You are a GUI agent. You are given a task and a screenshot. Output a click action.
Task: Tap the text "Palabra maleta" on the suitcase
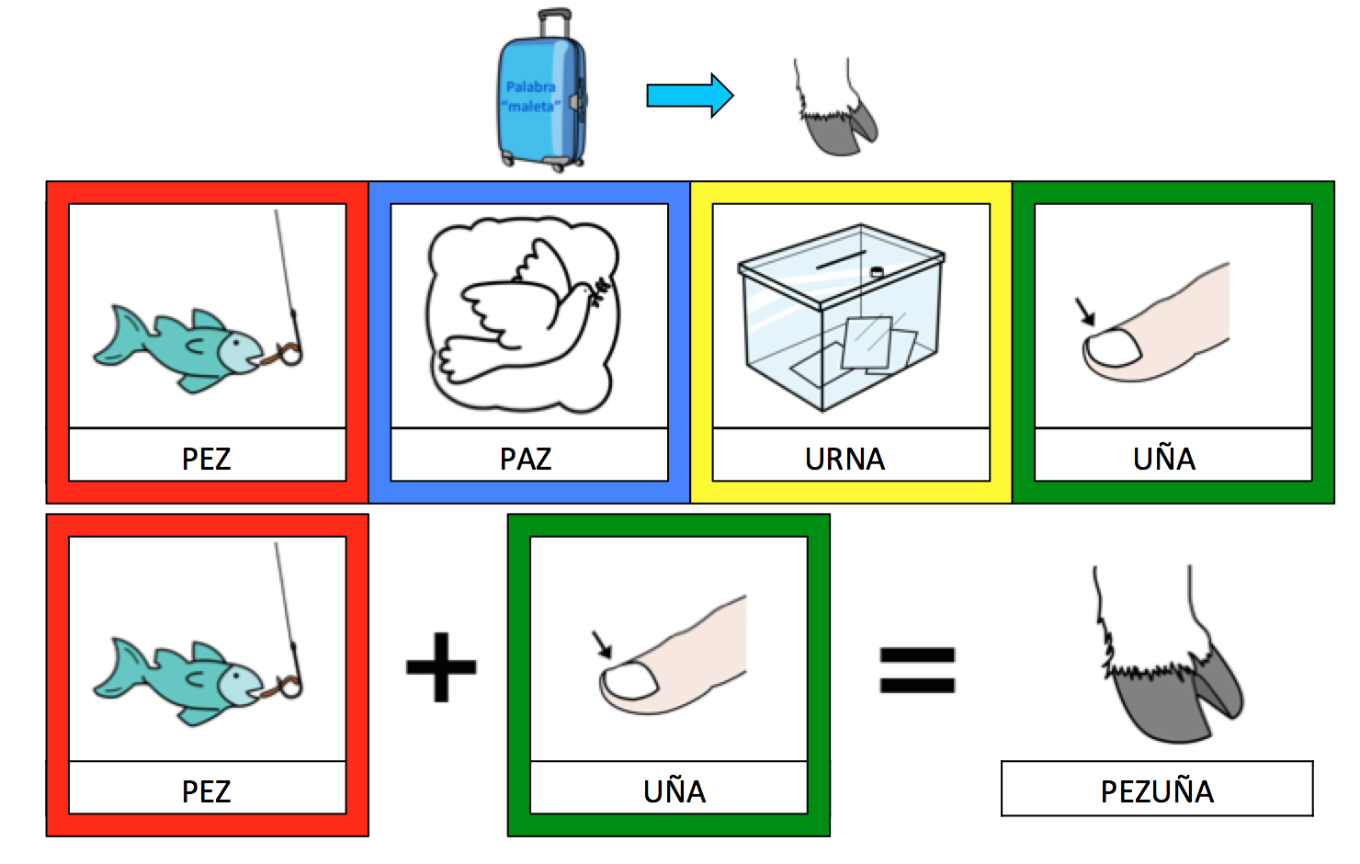531,97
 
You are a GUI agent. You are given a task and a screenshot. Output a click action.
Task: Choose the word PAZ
526,458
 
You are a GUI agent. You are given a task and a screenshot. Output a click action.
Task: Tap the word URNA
844,458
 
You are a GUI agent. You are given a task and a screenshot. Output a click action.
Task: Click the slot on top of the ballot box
842,260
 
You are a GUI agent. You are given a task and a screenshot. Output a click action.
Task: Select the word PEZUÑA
1157,790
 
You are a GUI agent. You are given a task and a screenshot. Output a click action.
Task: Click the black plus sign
441,667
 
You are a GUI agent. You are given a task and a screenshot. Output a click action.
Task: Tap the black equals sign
917,669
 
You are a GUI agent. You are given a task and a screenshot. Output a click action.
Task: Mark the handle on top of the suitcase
553,18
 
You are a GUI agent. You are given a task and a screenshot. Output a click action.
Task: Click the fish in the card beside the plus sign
184,680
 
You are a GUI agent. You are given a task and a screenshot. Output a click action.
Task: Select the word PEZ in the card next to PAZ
206,458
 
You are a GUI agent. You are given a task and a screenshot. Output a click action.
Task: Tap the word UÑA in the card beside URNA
1163,458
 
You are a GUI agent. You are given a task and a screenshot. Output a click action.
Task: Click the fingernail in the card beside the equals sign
629,682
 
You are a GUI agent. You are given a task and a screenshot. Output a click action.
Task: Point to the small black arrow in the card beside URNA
1086,312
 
